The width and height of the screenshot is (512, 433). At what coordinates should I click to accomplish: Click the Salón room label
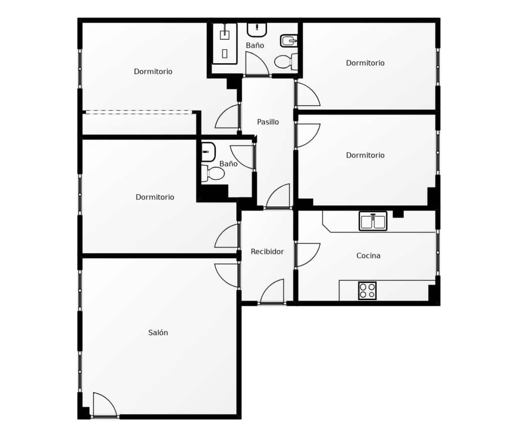click(x=158, y=332)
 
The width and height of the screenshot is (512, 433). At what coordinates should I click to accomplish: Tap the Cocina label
click(x=368, y=256)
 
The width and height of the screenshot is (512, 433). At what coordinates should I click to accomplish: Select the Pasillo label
click(x=268, y=122)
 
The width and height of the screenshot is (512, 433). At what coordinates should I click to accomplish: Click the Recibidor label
click(x=267, y=251)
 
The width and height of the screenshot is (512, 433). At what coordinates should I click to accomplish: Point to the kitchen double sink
click(x=373, y=221)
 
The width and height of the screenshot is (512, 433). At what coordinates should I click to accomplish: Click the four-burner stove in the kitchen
click(x=367, y=290)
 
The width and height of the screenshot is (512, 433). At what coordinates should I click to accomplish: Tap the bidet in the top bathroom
click(x=289, y=40)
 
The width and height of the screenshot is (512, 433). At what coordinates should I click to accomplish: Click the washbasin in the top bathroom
click(x=257, y=29)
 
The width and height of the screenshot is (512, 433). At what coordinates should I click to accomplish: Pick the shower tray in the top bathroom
click(x=224, y=43)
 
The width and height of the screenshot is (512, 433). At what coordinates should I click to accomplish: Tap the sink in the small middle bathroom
click(x=208, y=152)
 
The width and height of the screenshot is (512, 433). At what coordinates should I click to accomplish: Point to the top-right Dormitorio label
click(x=365, y=63)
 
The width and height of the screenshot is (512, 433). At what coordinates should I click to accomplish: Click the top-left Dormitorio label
click(x=153, y=71)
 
